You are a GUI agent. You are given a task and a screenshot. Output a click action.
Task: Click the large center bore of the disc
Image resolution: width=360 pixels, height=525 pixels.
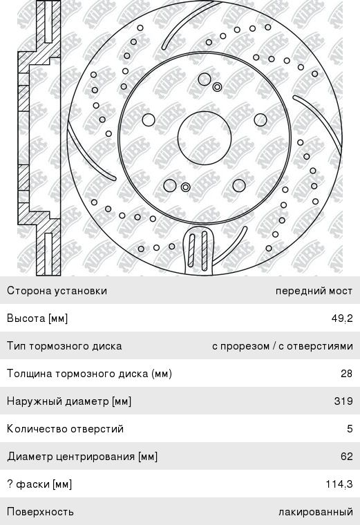click(x=205, y=138)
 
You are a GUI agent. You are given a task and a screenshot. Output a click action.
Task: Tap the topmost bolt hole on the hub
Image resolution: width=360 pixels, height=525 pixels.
click(x=205, y=79)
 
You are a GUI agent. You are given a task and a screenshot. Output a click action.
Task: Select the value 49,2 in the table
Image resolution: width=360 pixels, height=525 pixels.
click(x=342, y=318)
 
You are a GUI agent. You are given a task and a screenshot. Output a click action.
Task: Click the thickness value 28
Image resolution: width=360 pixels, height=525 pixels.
click(x=347, y=373)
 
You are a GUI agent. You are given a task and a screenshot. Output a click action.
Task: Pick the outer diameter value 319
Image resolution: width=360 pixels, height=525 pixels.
click(x=343, y=401)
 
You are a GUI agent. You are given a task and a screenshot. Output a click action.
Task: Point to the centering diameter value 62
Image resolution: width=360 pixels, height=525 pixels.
click(x=347, y=457)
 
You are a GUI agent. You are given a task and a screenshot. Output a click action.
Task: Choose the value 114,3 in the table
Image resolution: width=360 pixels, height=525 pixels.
click(x=339, y=484)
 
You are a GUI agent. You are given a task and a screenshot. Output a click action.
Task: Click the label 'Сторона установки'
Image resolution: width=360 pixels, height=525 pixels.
click(x=57, y=291)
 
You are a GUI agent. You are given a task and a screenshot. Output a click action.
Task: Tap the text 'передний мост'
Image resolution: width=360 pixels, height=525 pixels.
click(x=314, y=291)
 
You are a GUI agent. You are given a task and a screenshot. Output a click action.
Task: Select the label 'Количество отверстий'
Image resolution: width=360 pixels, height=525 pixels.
click(x=66, y=429)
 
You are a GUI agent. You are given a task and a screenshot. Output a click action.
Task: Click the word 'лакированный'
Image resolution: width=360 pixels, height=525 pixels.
click(x=316, y=512)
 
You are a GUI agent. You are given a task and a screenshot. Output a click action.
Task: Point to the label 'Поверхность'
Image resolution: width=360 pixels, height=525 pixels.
click(x=40, y=512)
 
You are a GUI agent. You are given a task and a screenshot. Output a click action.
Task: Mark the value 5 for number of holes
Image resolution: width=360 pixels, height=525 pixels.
click(x=350, y=429)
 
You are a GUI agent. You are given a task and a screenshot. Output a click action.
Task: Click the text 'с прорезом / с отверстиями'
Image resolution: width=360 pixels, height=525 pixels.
click(x=283, y=346)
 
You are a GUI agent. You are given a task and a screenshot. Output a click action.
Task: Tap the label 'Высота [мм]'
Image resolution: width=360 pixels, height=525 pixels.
click(x=37, y=318)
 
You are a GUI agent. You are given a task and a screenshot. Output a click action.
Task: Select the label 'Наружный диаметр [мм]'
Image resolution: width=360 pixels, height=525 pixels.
click(x=69, y=401)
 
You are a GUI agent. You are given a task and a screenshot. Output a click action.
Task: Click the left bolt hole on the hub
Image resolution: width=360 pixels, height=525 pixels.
click(x=149, y=120)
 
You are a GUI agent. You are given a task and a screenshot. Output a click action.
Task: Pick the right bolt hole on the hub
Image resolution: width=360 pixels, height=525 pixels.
click(x=260, y=120)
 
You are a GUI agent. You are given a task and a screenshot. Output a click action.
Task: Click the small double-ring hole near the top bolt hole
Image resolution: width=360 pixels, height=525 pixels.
click(x=218, y=88)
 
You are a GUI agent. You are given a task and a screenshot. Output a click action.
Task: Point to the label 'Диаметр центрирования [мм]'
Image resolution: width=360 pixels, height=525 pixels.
click(x=82, y=457)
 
